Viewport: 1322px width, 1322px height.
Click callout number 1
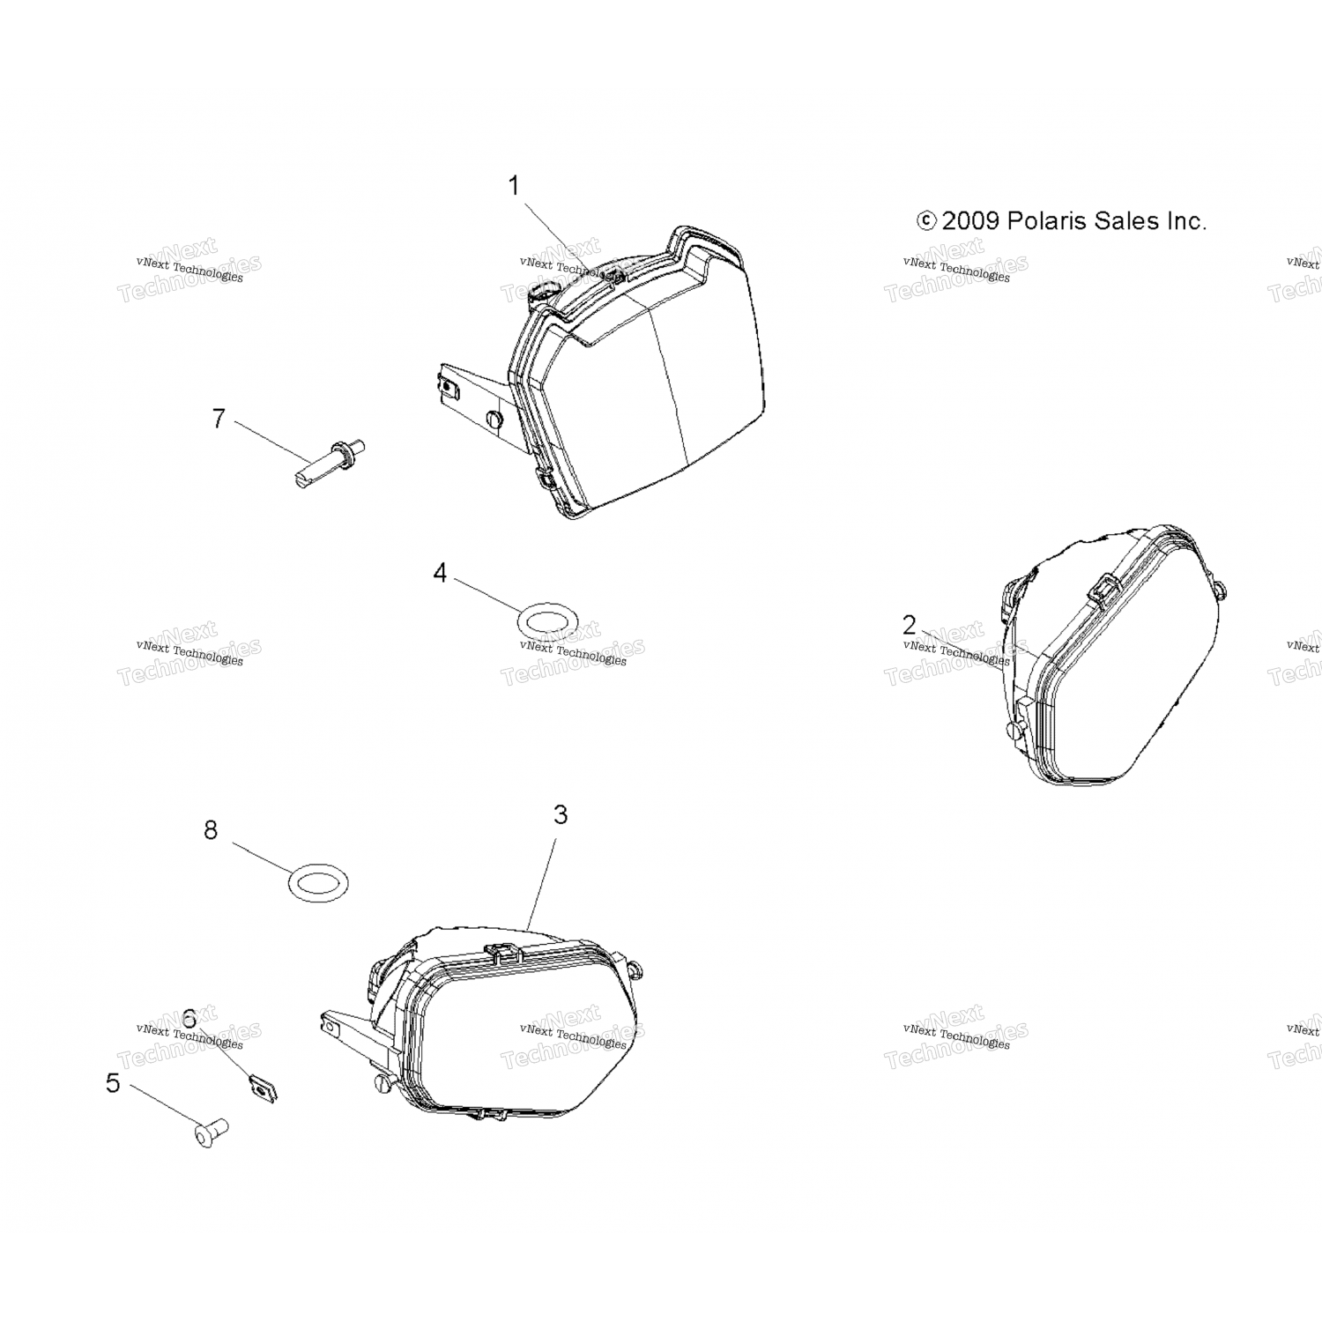(x=513, y=187)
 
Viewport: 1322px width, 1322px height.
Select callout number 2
(x=910, y=625)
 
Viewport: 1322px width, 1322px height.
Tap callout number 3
(x=561, y=815)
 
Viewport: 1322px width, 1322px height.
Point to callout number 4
(x=440, y=573)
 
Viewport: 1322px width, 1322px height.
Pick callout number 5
(x=113, y=1083)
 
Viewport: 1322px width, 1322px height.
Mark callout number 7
(x=219, y=418)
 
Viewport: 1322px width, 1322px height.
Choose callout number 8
(x=211, y=830)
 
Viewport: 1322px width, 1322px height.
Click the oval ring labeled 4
(x=546, y=623)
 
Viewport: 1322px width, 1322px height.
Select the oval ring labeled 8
(x=318, y=882)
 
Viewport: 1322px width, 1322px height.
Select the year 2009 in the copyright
(x=970, y=221)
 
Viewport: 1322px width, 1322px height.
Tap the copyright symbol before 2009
(x=926, y=221)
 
